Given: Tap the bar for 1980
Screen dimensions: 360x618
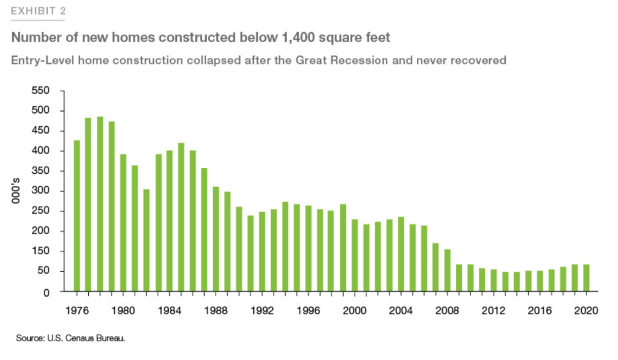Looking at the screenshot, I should (x=123, y=223).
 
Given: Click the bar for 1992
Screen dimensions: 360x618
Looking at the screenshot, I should (x=262, y=251).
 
